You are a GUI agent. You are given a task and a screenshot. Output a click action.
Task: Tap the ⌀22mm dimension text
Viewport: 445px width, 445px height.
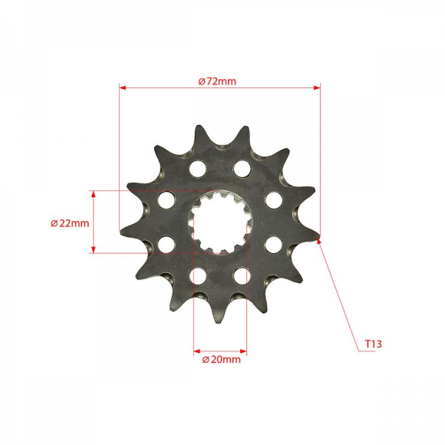point(70,223)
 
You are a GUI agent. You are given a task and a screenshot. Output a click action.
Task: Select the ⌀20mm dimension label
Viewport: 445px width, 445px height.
point(221,358)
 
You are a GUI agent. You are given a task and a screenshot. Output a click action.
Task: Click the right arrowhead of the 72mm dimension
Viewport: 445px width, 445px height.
point(317,88)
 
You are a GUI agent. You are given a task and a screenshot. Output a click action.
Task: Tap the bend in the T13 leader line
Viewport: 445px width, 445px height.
point(358,351)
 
